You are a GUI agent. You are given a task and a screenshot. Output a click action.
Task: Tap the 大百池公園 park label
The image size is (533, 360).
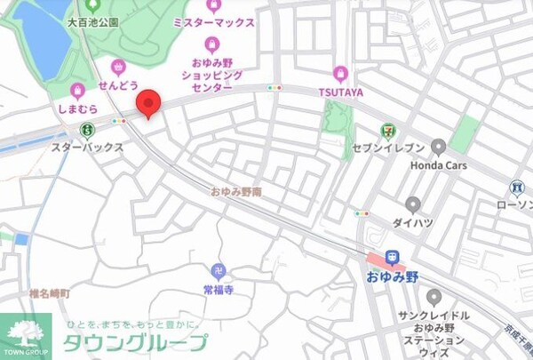coord(98,21)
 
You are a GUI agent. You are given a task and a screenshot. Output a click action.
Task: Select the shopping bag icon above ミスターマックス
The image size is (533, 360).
coord(212,7)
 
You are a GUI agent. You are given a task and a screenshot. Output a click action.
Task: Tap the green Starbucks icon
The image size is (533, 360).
coord(76,131)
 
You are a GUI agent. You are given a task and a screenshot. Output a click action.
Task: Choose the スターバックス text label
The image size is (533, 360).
coord(87,148)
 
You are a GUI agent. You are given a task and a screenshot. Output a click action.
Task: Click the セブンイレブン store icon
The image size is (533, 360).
coord(386,130)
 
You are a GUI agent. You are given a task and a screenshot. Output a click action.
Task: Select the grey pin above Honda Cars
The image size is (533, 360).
coord(438,146)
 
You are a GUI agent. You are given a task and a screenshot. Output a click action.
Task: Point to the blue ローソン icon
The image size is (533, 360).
coord(517,188)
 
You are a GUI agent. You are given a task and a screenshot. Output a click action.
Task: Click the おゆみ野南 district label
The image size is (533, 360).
coord(235,191)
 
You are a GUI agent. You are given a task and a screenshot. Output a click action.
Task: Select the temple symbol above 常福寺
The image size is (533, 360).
coord(218,271)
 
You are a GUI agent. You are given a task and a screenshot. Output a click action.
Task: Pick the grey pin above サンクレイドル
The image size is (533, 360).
coord(434,298)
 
